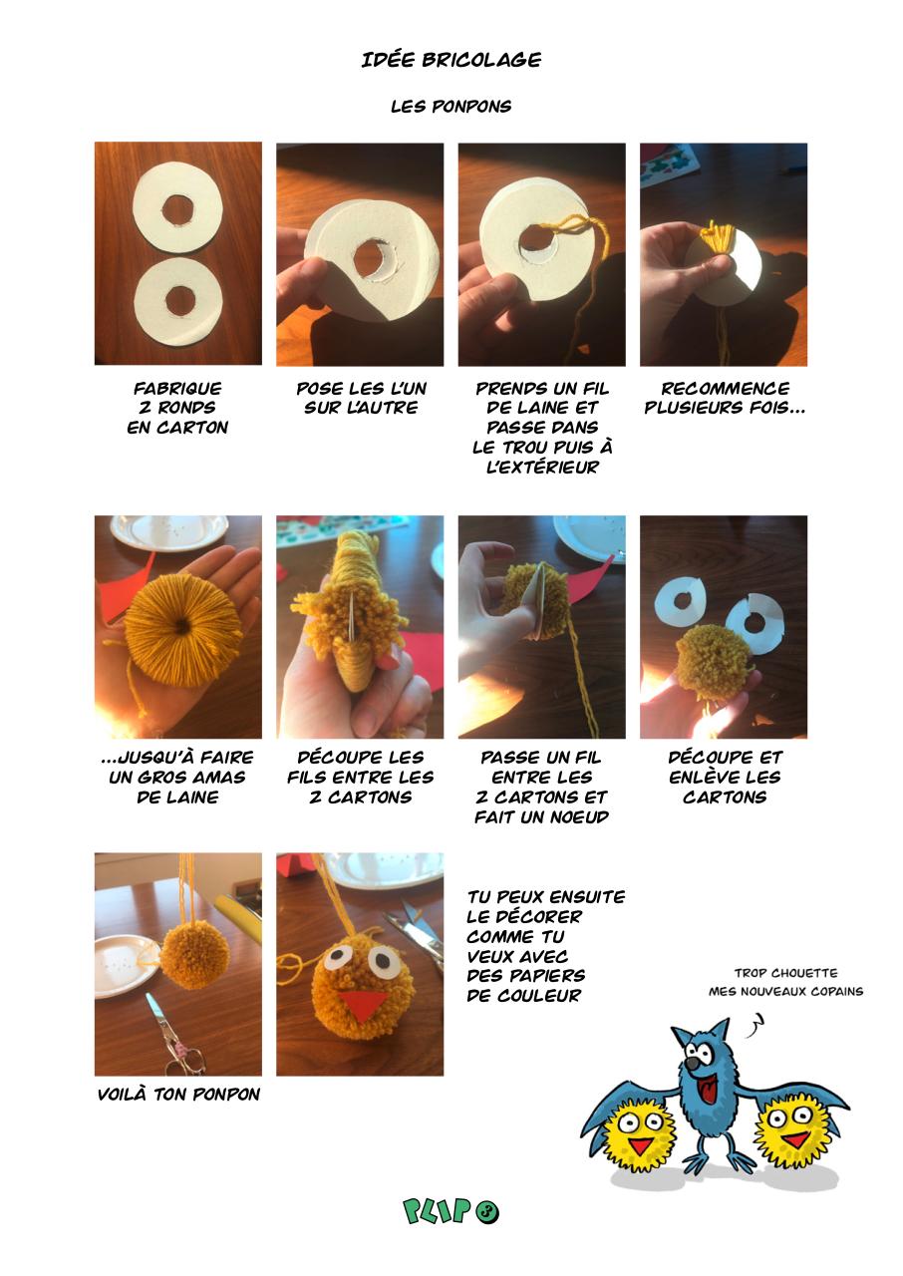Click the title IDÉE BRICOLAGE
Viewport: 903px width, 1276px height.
pyautogui.click(x=451, y=60)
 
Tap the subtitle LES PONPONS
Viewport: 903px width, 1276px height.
pyautogui.click(x=451, y=106)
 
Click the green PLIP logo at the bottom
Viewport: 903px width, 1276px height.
pyautogui.click(x=451, y=1211)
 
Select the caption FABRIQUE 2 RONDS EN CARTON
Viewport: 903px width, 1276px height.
pyautogui.click(x=177, y=408)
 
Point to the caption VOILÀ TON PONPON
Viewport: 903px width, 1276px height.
pyautogui.click(x=178, y=1094)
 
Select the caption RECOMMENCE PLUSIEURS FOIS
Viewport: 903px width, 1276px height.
pyautogui.click(x=725, y=398)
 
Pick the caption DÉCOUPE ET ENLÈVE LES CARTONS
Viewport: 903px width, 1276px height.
pyautogui.click(x=725, y=777)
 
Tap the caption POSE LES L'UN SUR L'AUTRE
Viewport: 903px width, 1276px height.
pyautogui.click(x=361, y=398)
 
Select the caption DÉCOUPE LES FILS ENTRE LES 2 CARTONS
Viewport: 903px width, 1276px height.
pyautogui.click(x=361, y=777)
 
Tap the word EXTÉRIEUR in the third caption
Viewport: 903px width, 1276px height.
pyautogui.click(x=542, y=467)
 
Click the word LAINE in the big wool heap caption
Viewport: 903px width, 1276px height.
pyautogui.click(x=177, y=797)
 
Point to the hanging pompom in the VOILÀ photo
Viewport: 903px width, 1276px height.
pyautogui.click(x=194, y=954)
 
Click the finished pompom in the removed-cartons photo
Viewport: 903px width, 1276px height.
pyautogui.click(x=714, y=663)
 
